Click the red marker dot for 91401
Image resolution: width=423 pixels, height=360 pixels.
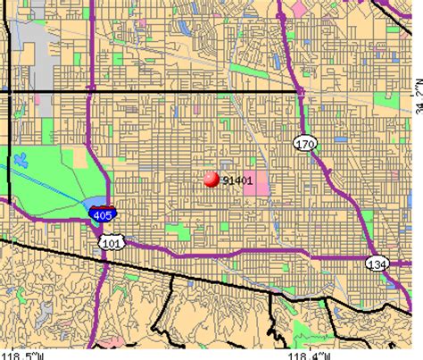[x=211, y=179]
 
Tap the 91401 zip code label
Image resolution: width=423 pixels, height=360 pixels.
[x=236, y=179]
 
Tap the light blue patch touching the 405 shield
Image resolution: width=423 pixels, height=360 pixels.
[x=94, y=202]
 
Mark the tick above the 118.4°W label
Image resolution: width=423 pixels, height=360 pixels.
[x=299, y=344]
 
